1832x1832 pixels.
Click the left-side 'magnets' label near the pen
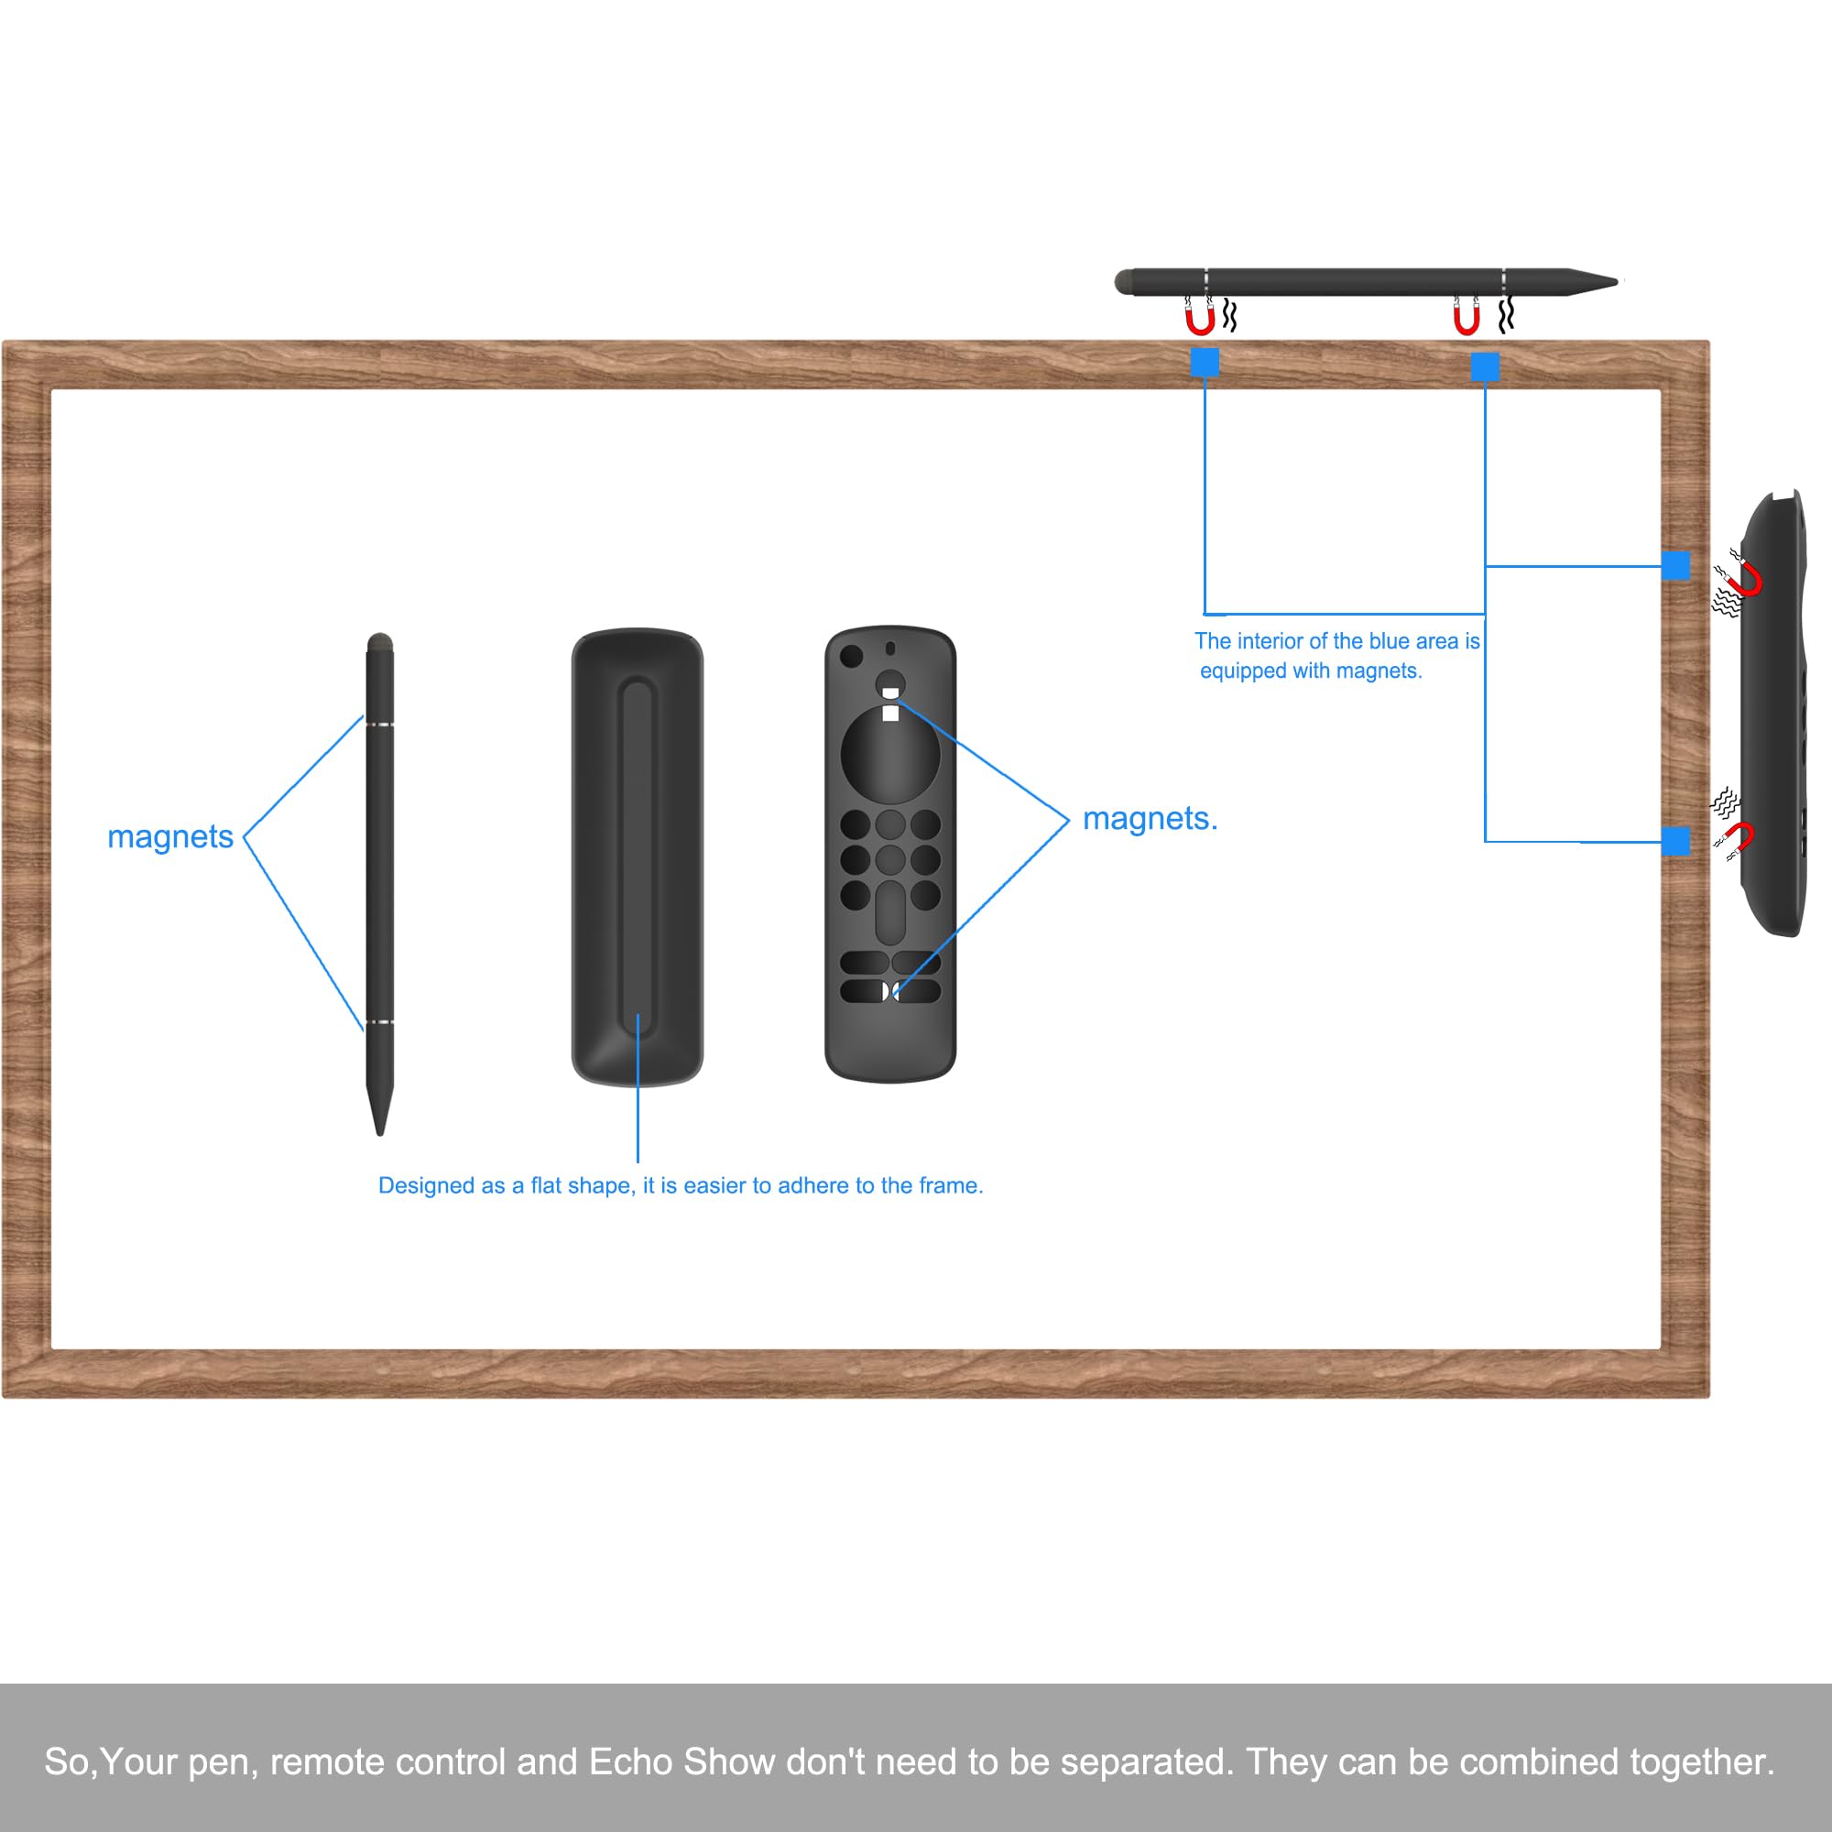pos(169,837)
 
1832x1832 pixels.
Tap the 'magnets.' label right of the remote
pos(1150,819)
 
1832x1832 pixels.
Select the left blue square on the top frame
pos(1205,362)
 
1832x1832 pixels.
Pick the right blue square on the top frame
pos(1485,367)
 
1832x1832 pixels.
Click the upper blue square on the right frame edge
pos(1675,566)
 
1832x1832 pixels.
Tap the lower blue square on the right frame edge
pos(1675,841)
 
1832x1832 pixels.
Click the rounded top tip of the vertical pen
pos(379,642)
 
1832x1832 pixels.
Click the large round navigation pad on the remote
pos(889,754)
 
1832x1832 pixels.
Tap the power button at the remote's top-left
pos(852,655)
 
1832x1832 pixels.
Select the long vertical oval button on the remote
pos(889,913)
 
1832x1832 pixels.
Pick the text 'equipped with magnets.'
pos(1311,671)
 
